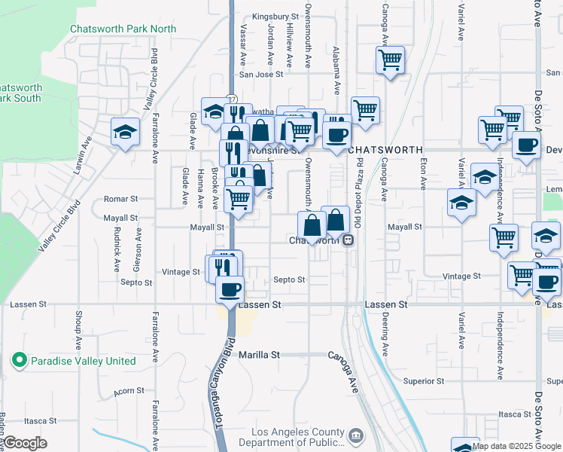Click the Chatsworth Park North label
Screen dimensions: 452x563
tap(123, 29)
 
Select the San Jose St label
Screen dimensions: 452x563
tap(260, 75)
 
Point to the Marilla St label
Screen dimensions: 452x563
tap(260, 354)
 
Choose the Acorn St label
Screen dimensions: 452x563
tap(129, 391)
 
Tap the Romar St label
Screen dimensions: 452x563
tap(121, 200)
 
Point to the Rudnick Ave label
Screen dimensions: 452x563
tap(117, 251)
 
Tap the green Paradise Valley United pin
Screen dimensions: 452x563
tap(20, 361)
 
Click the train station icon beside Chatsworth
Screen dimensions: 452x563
tap(348, 240)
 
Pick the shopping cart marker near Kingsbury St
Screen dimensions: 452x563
tap(390, 60)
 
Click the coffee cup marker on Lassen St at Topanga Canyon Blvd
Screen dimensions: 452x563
tap(230, 289)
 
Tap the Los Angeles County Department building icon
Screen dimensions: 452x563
tap(355, 434)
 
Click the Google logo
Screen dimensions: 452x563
tap(25, 444)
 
